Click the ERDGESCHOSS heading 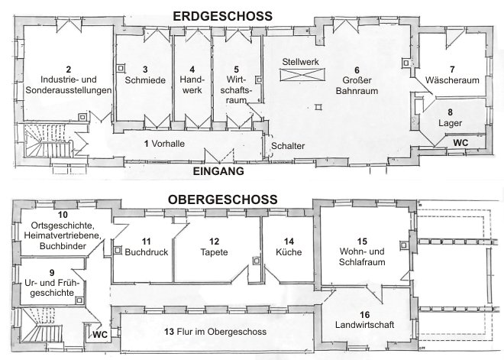tap(222, 16)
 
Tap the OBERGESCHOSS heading tap(222, 199)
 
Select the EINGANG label tap(218, 171)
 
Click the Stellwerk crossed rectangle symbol tap(302, 75)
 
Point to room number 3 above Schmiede tap(145, 69)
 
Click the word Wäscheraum tap(452, 79)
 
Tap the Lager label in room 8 tap(450, 123)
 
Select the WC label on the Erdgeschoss tap(460, 142)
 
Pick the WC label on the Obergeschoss tap(100, 335)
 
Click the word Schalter tap(288, 146)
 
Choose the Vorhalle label tap(168, 144)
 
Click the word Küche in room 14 tap(289, 251)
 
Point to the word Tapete tap(214, 251)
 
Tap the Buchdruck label tap(147, 252)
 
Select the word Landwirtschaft tap(364, 324)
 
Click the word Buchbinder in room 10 tap(63, 246)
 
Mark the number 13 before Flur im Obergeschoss tap(169, 332)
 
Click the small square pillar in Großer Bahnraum tap(318, 107)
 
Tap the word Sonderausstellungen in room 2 tap(69, 90)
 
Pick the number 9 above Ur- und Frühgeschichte tap(52, 273)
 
